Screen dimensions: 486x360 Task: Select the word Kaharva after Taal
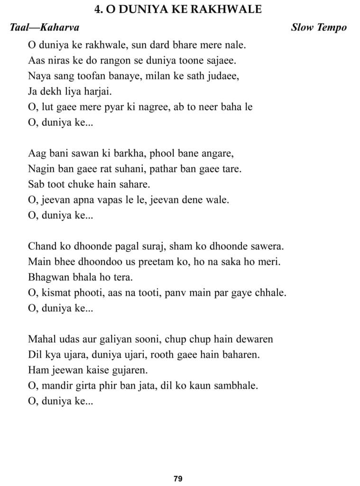point(60,28)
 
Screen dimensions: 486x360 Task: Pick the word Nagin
point(41,169)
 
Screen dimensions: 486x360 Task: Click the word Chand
point(41,247)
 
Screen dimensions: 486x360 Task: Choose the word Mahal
point(41,339)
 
